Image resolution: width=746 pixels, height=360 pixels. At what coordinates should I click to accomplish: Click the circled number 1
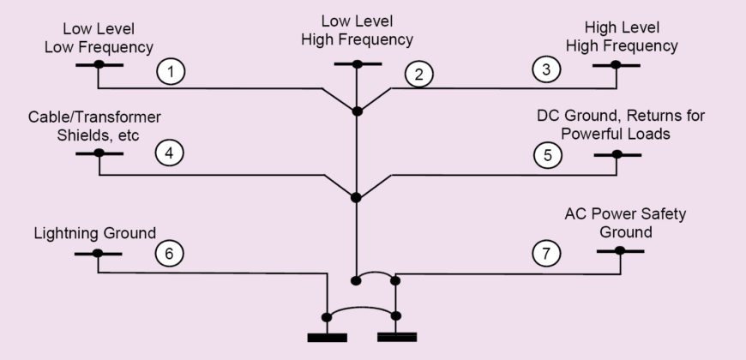171,72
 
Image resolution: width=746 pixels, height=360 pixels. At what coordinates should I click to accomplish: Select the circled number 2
418,74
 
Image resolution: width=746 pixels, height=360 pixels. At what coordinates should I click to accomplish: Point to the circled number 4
169,153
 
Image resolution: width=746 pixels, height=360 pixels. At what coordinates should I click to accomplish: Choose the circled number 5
547,154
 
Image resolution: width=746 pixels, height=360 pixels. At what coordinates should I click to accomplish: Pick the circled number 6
169,253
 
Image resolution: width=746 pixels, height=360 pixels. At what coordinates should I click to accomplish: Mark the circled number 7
547,253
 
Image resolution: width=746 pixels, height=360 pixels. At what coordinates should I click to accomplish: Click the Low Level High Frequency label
357,30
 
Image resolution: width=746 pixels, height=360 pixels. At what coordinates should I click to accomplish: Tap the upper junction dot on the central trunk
358,111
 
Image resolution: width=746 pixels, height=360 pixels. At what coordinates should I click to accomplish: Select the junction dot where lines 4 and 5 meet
357,197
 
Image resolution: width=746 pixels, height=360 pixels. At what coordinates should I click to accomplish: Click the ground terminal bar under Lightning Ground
97,253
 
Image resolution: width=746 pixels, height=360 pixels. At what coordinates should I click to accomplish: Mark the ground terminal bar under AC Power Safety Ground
619,250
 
